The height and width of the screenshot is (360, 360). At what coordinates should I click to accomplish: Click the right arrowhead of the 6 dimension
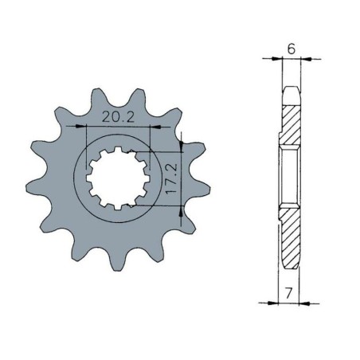click(x=303, y=59)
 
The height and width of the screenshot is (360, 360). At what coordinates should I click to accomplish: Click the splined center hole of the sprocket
click(x=112, y=176)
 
